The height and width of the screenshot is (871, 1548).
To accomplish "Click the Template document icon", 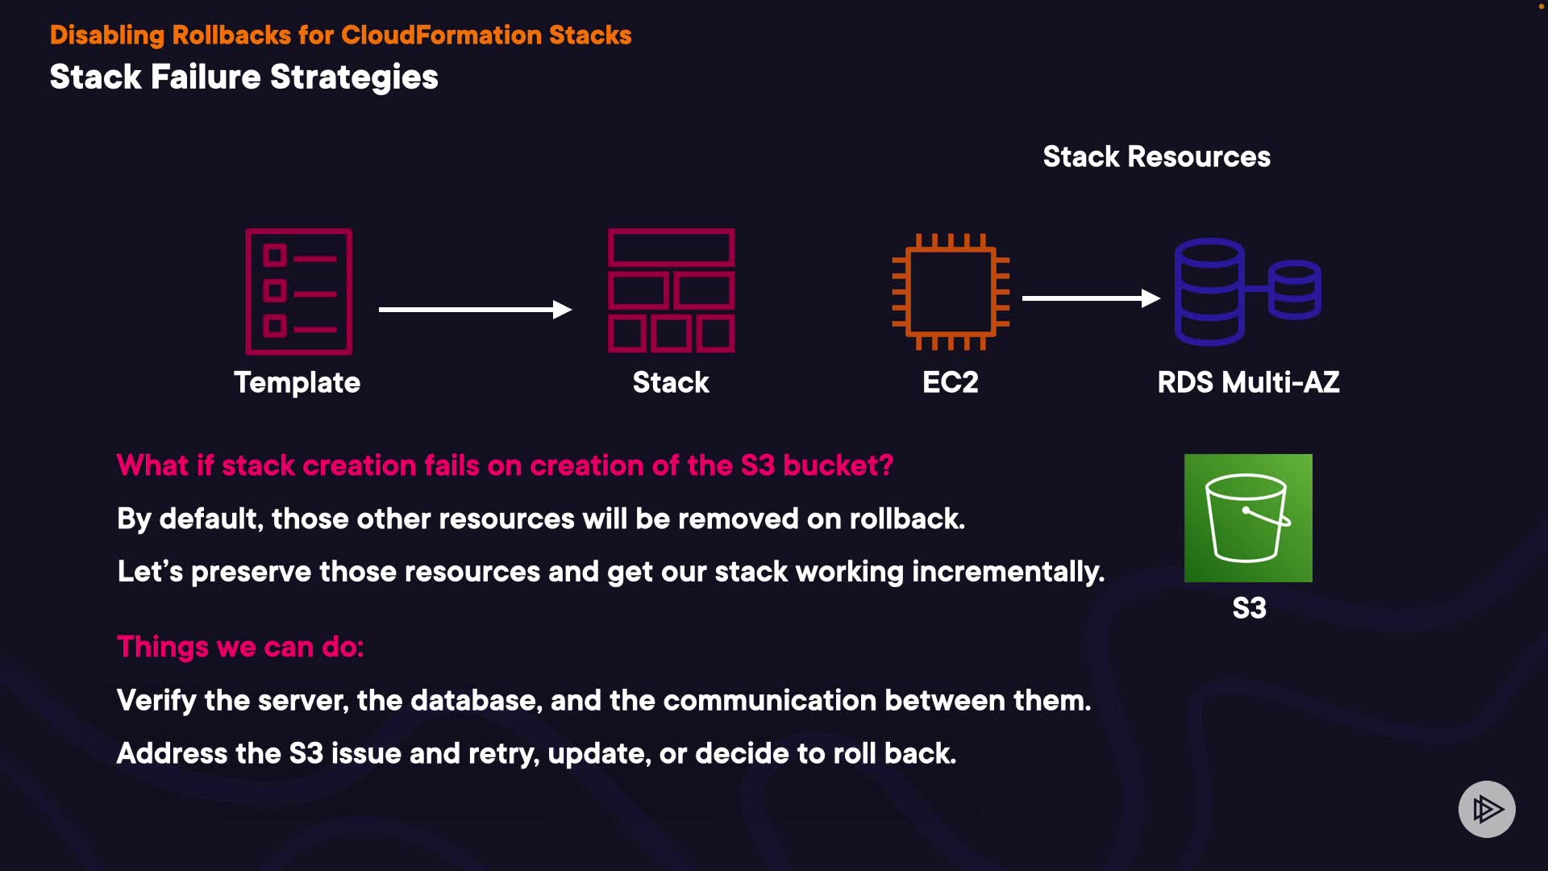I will point(298,291).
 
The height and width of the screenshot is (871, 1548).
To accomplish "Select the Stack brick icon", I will point(671,291).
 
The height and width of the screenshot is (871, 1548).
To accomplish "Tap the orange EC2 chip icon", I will point(951,291).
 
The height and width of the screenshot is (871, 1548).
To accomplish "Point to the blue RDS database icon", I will point(1246,291).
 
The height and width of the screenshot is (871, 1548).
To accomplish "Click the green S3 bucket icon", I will point(1248,518).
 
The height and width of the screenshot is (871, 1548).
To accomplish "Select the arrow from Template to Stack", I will point(475,310).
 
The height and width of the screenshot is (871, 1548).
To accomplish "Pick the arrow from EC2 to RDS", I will point(1090,298).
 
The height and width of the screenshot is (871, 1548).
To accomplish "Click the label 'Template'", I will point(297,382).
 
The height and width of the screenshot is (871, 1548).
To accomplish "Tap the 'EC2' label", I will point(950,382).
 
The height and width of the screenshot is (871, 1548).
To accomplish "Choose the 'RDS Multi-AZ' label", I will point(1248,382).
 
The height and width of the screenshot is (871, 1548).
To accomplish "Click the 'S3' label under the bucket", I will point(1249,608).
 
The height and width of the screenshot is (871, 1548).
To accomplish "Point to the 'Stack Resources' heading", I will point(1156,156).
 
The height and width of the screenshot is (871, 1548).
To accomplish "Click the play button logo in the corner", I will point(1487,809).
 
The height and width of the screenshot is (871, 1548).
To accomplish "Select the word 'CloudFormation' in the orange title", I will point(441,35).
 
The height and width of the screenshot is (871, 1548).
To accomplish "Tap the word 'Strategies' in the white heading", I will point(354,77).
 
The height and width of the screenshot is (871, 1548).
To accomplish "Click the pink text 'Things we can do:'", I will point(240,647).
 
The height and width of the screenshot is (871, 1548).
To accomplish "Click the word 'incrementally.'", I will point(1008,572).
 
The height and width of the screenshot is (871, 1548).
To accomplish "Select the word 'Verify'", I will point(156,701).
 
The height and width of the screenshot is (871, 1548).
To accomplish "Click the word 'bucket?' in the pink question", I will point(838,465).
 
